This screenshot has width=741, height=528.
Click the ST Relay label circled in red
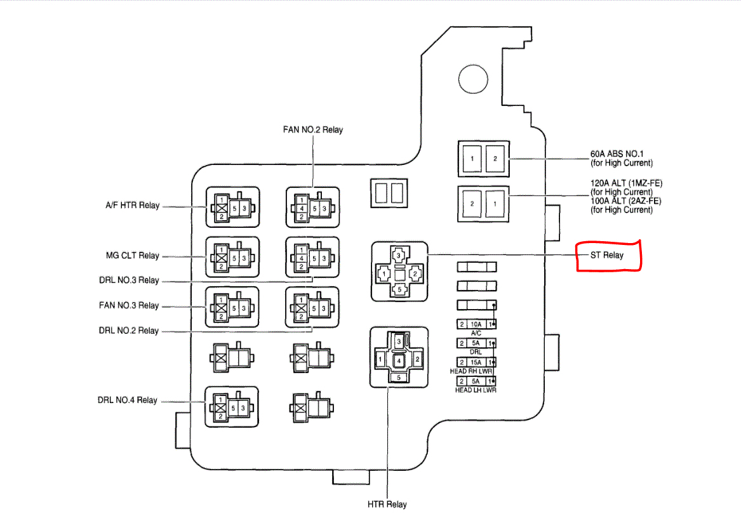pyautogui.click(x=608, y=256)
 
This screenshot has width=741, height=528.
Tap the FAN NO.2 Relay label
pyautogui.click(x=313, y=130)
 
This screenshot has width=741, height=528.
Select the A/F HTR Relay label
pyautogui.click(x=132, y=206)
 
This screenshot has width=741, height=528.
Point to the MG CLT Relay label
pyautogui.click(x=132, y=256)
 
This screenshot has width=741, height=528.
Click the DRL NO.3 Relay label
pyautogui.click(x=129, y=280)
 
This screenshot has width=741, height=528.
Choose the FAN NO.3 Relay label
pyautogui.click(x=129, y=305)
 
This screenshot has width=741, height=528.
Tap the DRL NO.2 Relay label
pyautogui.click(x=129, y=331)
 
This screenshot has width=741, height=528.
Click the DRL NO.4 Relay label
pyautogui.click(x=127, y=400)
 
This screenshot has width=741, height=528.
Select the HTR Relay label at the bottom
pyautogui.click(x=387, y=505)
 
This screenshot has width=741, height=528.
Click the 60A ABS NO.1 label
pyautogui.click(x=617, y=154)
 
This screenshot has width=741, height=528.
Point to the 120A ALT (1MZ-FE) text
pyautogui.click(x=626, y=183)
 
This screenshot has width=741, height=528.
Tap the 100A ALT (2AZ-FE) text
pyautogui.click(x=625, y=201)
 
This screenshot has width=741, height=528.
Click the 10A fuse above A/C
pyautogui.click(x=476, y=324)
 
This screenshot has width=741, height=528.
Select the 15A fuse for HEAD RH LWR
pyautogui.click(x=476, y=362)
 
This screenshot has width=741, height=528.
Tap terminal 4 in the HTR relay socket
pyautogui.click(x=398, y=360)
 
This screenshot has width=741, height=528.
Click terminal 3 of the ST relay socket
pyautogui.click(x=398, y=256)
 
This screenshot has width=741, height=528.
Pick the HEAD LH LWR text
pyautogui.click(x=476, y=390)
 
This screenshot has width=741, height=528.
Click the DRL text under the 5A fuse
pyautogui.click(x=476, y=352)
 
